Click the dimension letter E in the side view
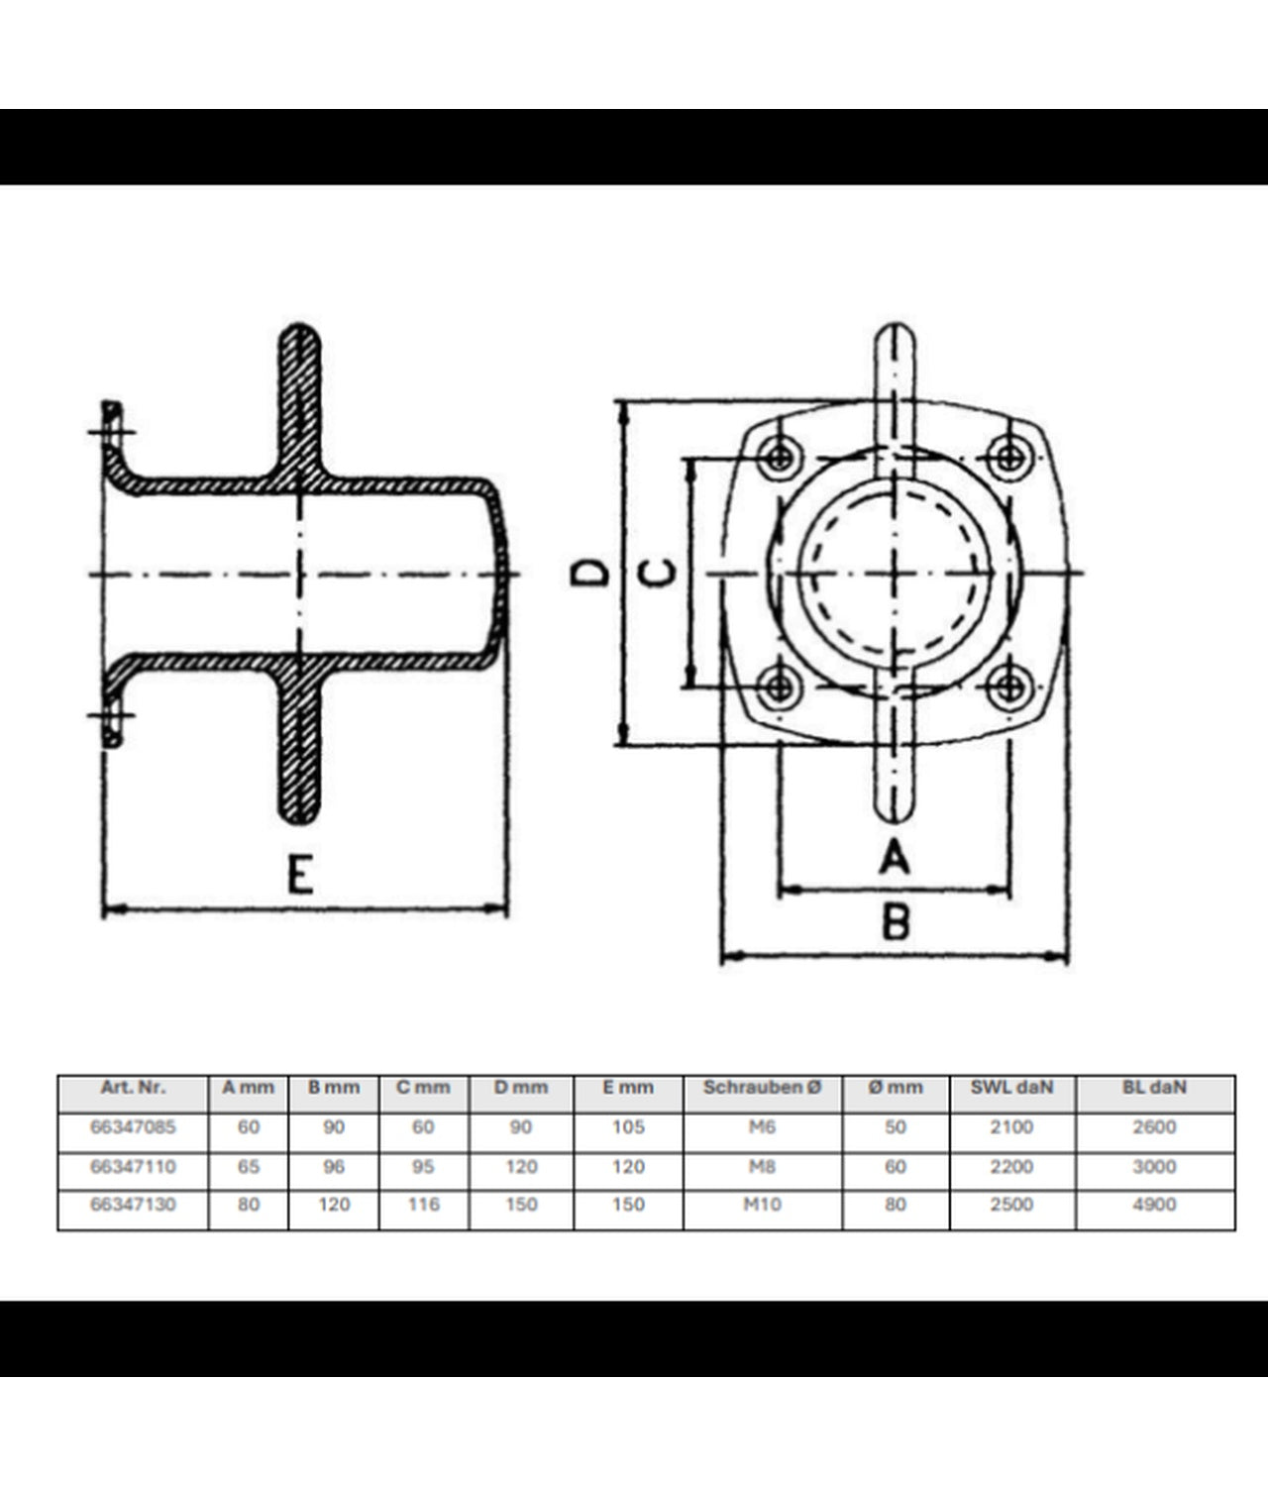point(300,874)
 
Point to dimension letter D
point(589,573)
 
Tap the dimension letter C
point(658,573)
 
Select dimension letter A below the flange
point(895,857)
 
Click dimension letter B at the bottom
point(896,922)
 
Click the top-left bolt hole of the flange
point(780,457)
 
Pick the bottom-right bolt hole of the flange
point(1010,688)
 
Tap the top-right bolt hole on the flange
point(1010,457)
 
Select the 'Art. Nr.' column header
point(133,1087)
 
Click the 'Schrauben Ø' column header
point(762,1087)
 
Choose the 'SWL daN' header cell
point(1011,1087)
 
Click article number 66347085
point(133,1126)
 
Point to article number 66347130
point(133,1205)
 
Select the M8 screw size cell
point(762,1166)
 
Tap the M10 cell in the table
point(762,1205)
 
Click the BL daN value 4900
point(1154,1205)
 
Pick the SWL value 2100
point(1011,1126)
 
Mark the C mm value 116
point(423,1205)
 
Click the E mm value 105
point(628,1126)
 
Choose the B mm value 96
point(334,1166)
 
